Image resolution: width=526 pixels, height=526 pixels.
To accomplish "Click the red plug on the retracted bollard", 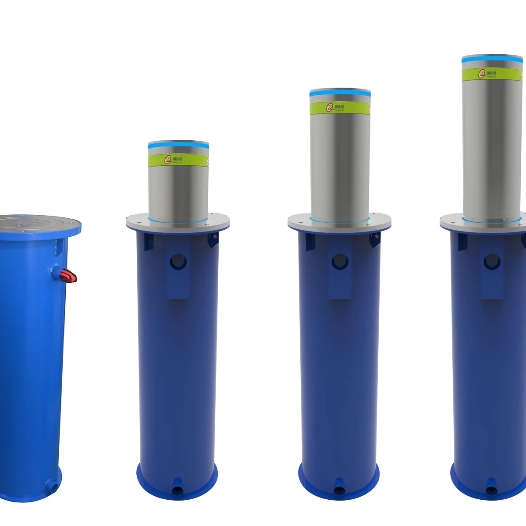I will tap(69, 276).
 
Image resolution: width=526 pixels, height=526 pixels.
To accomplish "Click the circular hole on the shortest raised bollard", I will tap(178, 262).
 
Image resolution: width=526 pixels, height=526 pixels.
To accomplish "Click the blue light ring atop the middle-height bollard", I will tap(340, 94).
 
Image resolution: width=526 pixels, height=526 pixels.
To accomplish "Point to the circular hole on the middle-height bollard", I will tap(340, 262).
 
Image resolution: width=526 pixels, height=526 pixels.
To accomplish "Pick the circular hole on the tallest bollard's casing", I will tap(492, 262).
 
